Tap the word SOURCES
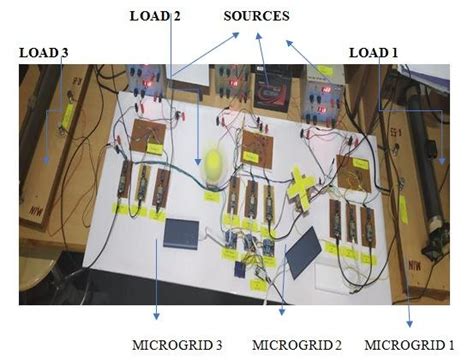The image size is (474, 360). point(256,17)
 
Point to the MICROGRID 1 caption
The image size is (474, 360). point(411,344)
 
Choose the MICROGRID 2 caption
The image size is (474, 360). point(297,344)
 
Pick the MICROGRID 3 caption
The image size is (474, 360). point(177,344)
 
